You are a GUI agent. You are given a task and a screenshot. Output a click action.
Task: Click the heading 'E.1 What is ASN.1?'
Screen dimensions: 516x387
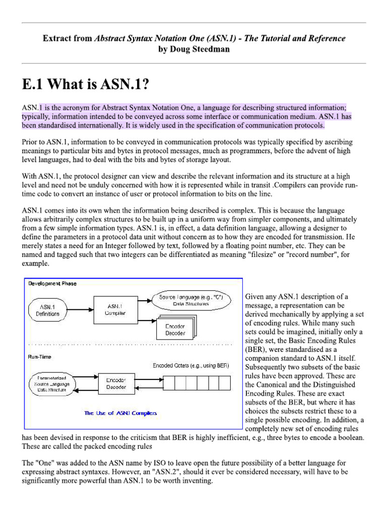pos(86,84)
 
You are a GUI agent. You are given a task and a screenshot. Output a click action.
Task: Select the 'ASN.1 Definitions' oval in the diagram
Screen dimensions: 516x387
pos(47,310)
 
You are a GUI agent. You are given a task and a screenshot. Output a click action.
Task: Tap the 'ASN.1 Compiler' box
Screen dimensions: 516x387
pos(115,309)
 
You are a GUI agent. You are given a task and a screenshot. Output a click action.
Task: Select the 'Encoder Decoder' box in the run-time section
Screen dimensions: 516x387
pos(115,383)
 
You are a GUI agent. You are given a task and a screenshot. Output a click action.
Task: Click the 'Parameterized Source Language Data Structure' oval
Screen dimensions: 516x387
pos(48,383)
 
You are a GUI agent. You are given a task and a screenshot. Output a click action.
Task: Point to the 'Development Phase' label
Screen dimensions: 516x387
pos(52,284)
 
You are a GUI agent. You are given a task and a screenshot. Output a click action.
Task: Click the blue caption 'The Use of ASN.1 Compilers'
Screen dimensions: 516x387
pos(120,413)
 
